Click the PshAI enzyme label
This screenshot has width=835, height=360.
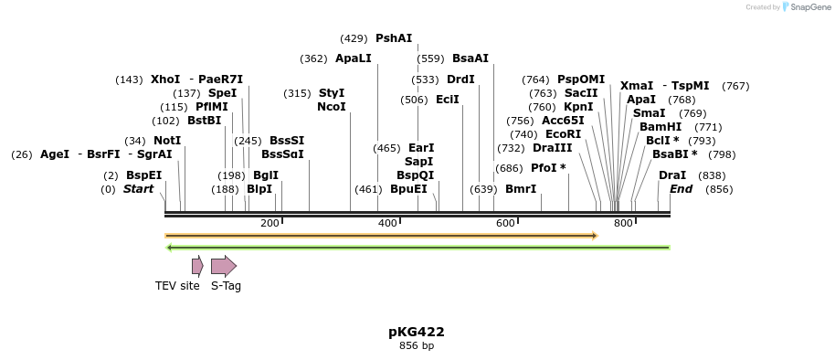point(394,38)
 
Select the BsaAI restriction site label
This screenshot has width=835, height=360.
point(470,58)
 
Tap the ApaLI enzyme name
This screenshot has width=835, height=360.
point(354,58)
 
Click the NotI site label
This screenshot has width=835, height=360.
point(167,141)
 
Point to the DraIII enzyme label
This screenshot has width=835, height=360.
point(552,148)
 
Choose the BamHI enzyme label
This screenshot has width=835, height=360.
point(661,127)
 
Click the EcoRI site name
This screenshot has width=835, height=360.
point(563,134)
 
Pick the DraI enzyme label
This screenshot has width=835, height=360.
point(672,175)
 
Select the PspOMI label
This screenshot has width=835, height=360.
point(581,79)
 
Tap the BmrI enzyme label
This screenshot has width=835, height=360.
point(521,189)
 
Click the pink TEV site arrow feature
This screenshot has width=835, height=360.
point(197,266)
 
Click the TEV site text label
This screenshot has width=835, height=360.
point(177,286)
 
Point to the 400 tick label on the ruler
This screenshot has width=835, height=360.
point(387,224)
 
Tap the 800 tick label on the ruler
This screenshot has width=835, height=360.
point(623,224)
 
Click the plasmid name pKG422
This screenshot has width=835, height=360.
point(417,332)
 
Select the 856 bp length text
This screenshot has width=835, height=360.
point(417,346)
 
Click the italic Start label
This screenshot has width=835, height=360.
point(139,189)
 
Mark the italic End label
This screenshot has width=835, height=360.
point(682,189)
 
